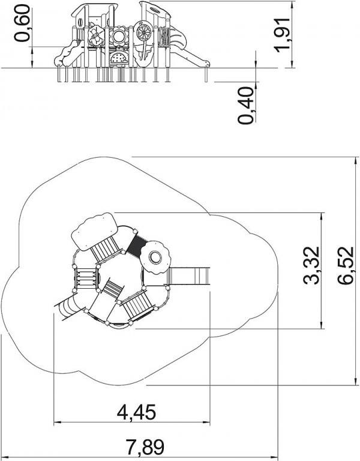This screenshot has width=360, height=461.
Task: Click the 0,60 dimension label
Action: click(x=23, y=23)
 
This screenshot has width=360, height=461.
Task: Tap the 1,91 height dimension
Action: click(x=283, y=35)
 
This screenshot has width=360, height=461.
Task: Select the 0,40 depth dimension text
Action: click(x=245, y=105)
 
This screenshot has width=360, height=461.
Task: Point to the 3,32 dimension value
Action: click(x=311, y=265)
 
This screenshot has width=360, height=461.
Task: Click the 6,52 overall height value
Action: click(x=346, y=265)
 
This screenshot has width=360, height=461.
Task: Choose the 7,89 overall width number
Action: click(x=145, y=447)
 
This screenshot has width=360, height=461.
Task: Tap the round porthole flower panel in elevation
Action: click(x=119, y=36)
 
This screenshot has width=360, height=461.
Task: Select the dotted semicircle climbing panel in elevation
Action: click(x=119, y=58)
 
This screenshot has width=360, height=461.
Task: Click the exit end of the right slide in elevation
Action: click(x=206, y=63)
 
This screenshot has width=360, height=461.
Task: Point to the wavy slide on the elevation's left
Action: click(x=68, y=55)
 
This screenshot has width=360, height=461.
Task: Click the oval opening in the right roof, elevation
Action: click(x=155, y=10)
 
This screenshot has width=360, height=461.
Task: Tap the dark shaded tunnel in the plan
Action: click(x=137, y=243)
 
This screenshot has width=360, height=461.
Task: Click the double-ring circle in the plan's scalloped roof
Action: click(x=155, y=258)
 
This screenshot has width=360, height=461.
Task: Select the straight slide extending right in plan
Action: click(x=188, y=276)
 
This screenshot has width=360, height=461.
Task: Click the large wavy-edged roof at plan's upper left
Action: click(x=94, y=231)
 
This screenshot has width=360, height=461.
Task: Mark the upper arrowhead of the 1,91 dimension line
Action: click(x=292, y=5)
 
